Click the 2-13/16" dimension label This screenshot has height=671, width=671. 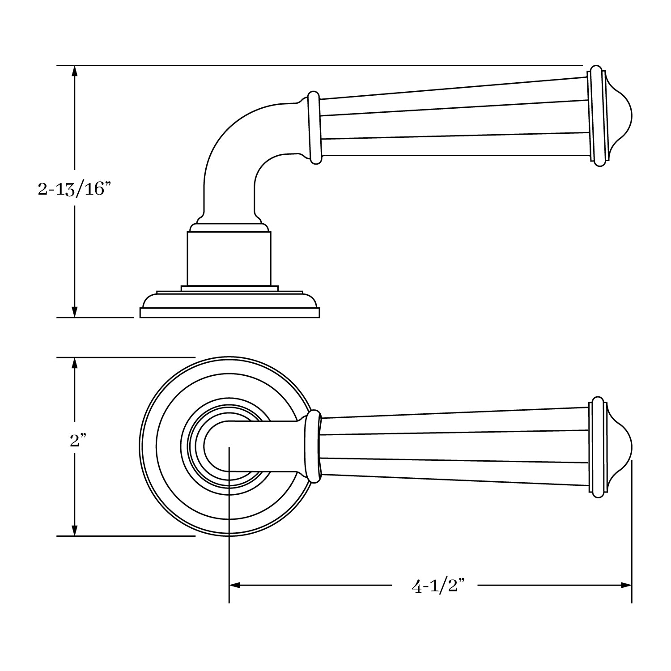pos(74,190)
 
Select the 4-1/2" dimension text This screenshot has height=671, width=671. pos(438,586)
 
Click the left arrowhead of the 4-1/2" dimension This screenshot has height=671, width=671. pos(235,585)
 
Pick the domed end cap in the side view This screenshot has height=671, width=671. pos(620,116)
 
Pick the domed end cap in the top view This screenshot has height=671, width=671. pos(620,447)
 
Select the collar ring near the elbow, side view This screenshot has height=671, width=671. pos(314,128)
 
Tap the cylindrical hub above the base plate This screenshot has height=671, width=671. pos(229,259)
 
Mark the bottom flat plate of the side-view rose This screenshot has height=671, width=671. pos(229,313)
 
